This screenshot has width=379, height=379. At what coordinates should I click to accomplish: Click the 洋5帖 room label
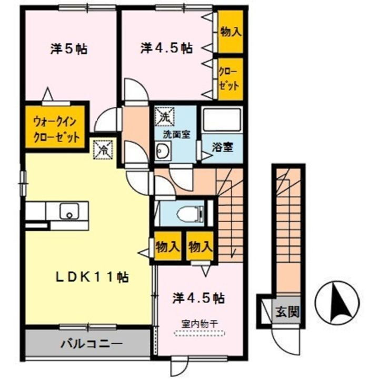(68, 49)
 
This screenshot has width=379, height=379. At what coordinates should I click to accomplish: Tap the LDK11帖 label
(94, 277)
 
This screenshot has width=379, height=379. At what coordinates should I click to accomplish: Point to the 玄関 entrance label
(287, 311)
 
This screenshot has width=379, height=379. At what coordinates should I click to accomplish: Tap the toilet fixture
(188, 213)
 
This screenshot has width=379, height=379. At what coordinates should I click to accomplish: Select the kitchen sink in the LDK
(68, 211)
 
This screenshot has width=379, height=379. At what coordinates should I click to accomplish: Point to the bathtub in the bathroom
(222, 121)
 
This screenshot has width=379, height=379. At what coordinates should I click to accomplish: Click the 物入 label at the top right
(230, 31)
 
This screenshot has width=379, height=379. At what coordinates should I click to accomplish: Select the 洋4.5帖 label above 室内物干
(198, 298)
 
